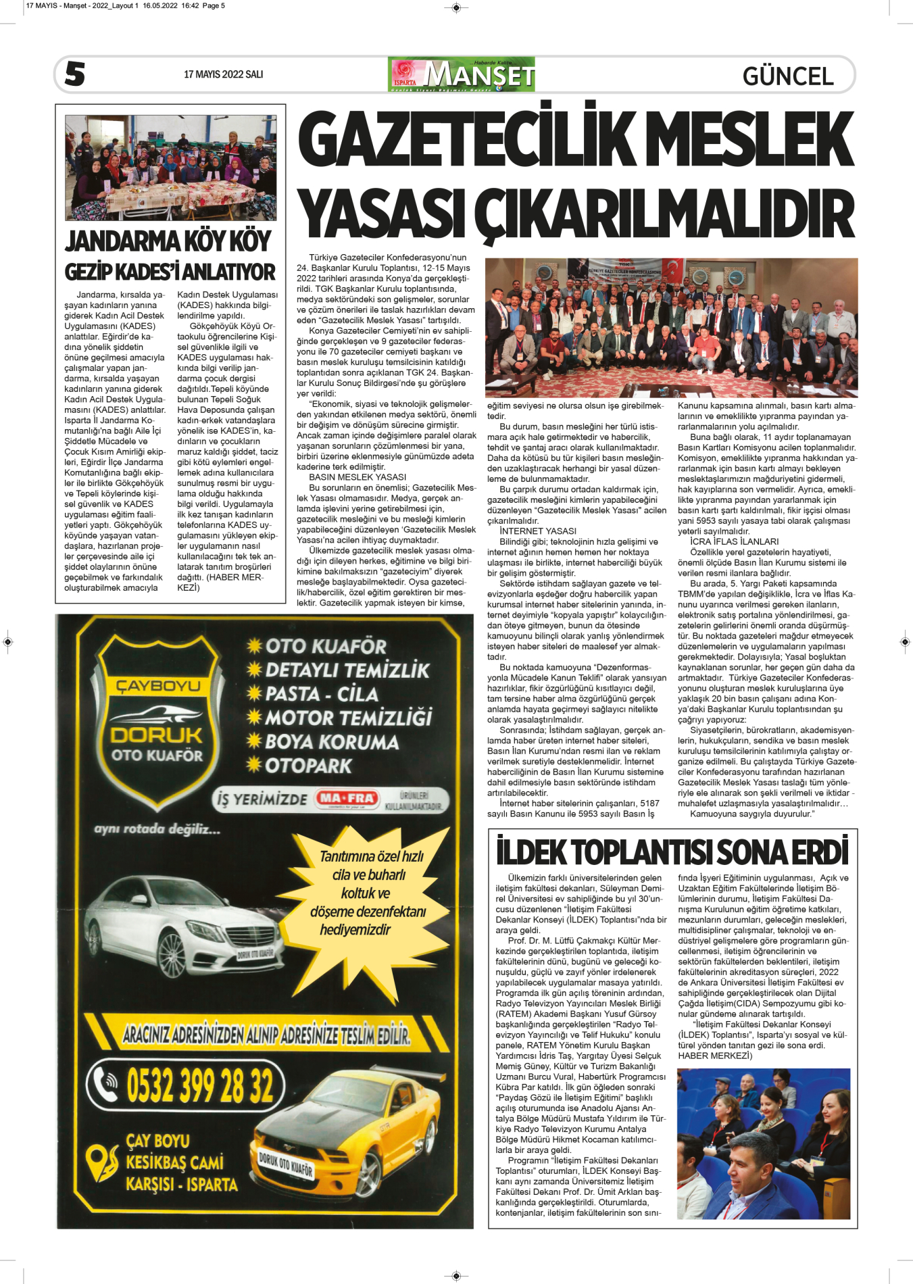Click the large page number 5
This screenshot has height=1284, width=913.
75,74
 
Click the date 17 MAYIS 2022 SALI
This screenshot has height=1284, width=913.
223,74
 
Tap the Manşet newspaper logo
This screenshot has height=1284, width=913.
462,74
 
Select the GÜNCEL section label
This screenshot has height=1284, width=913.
787,76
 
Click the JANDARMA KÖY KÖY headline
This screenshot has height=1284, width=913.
168,241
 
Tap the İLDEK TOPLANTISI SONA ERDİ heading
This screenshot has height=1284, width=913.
672,852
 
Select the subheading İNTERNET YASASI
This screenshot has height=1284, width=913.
537,531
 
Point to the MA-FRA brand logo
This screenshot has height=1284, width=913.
347,799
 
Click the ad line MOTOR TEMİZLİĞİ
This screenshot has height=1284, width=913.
348,718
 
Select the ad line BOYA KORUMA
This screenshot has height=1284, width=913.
331,742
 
